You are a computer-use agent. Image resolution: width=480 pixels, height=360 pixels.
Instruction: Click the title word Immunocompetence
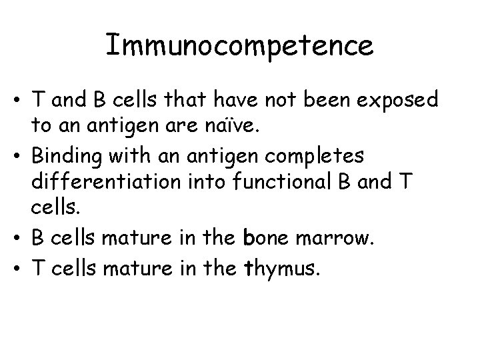[x=239, y=46]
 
